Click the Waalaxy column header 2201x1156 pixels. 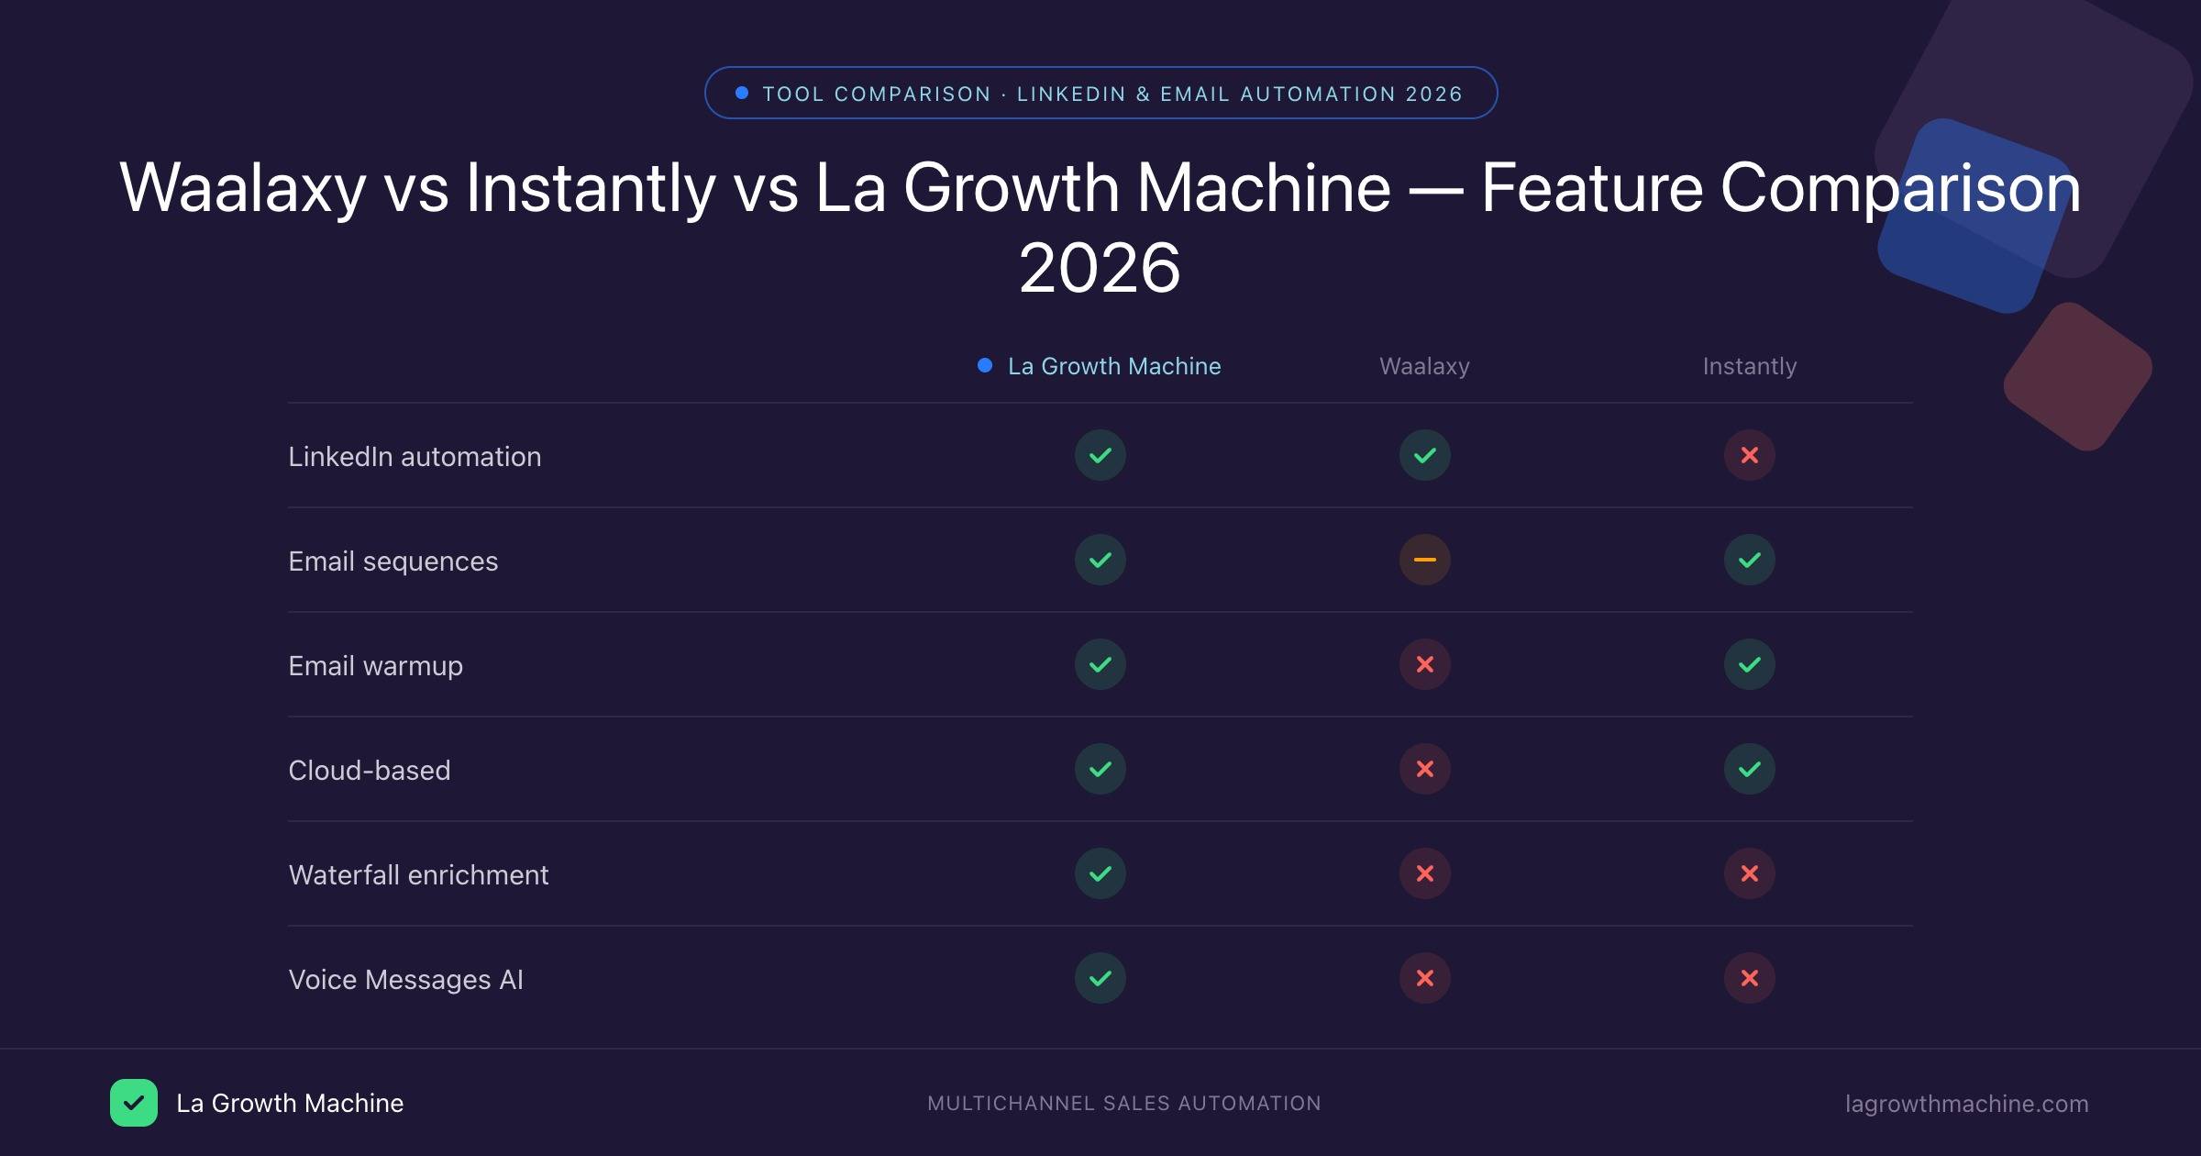(1424, 366)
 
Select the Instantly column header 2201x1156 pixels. (1749, 366)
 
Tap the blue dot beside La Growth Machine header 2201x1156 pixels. (985, 365)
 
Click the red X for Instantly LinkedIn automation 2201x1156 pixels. (1749, 455)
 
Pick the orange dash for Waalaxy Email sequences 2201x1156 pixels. (1424, 560)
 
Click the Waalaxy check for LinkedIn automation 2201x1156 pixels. (1424, 455)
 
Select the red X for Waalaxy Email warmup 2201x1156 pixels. (1424, 664)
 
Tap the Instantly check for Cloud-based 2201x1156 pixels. (1749, 769)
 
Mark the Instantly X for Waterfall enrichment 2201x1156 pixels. (1749, 873)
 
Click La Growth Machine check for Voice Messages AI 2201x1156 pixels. (1100, 978)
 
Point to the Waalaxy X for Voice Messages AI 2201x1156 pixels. (1424, 978)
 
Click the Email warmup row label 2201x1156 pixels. (375, 665)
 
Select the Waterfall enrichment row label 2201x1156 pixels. (418, 874)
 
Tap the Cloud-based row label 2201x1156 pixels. (369, 770)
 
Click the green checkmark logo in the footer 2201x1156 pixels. (134, 1103)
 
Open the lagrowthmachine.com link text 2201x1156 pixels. (1966, 1104)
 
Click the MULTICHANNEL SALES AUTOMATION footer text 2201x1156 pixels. (1123, 1103)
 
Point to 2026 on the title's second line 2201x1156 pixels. (1100, 268)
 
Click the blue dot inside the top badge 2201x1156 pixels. (742, 93)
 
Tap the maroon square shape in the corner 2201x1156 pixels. (2078, 376)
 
